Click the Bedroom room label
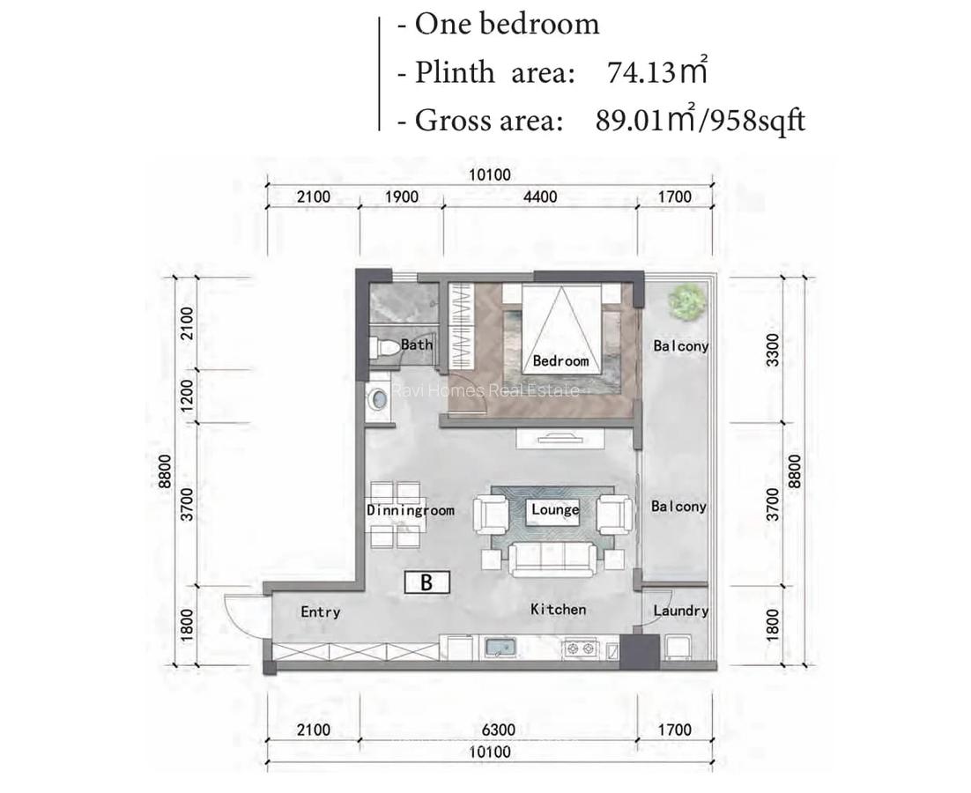coord(560,361)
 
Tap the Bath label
coord(416,345)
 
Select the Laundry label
coord(680,611)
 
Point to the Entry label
coord(320,612)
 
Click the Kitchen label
coord(558,610)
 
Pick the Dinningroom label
coord(410,510)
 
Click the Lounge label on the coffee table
coord(555,509)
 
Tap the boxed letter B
coord(427,582)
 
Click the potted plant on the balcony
coord(686,302)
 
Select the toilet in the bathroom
coord(385,346)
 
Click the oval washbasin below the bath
coord(378,399)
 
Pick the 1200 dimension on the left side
coord(186,396)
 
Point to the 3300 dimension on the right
coord(773,351)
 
